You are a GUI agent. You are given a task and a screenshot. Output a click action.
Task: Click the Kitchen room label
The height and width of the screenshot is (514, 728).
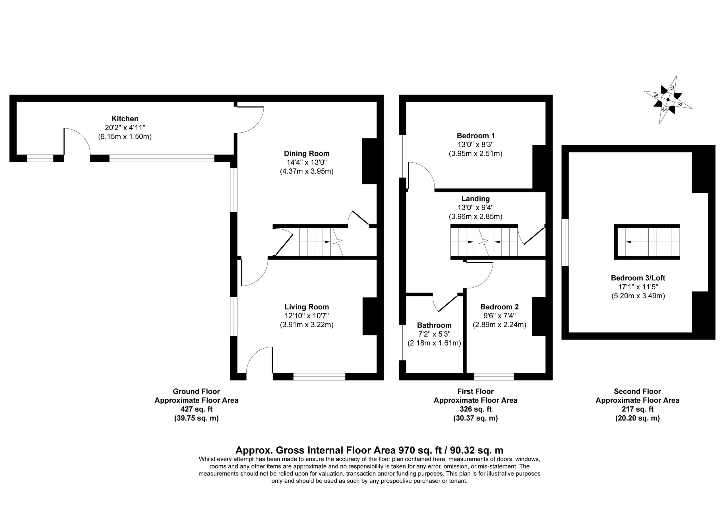pos(125,119)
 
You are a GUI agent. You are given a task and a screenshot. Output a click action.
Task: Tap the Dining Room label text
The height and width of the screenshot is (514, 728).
pos(307,154)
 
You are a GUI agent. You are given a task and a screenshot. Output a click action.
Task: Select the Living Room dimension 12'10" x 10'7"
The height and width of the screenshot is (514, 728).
pos(307,316)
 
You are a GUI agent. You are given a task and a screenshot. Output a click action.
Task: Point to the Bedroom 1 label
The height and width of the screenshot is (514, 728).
pos(475,136)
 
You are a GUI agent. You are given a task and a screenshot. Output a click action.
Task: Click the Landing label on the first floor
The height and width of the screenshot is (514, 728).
pos(475,199)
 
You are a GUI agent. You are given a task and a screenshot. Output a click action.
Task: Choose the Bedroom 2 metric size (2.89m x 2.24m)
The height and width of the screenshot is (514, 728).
pos(499,324)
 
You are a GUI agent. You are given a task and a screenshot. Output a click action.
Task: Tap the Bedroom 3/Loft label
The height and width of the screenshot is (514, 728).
pos(638,278)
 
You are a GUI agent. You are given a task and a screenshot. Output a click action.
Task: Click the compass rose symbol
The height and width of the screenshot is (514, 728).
pos(668,99)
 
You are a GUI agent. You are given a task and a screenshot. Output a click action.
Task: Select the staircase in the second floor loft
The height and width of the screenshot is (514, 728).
pos(647,242)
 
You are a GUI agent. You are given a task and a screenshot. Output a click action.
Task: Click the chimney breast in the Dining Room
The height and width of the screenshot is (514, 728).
pos(369,161)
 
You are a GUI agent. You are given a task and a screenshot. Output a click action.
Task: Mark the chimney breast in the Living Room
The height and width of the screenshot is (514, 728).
pos(370,316)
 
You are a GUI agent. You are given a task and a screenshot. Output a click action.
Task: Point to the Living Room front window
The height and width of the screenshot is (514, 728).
pos(319,377)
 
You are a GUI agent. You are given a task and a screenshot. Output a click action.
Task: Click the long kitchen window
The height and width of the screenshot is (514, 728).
pos(162,158)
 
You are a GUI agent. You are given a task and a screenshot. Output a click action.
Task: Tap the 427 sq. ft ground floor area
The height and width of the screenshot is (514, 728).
pos(197,409)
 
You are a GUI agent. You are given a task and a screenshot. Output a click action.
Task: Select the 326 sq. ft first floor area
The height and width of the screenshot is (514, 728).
pos(475,409)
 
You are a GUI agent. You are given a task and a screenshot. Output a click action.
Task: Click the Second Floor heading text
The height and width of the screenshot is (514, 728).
pos(637,391)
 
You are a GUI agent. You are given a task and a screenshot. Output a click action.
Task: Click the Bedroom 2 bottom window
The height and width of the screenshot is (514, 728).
pos(494,377)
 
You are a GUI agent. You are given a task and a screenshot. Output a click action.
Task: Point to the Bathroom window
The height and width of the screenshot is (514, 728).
pos(403,343)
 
